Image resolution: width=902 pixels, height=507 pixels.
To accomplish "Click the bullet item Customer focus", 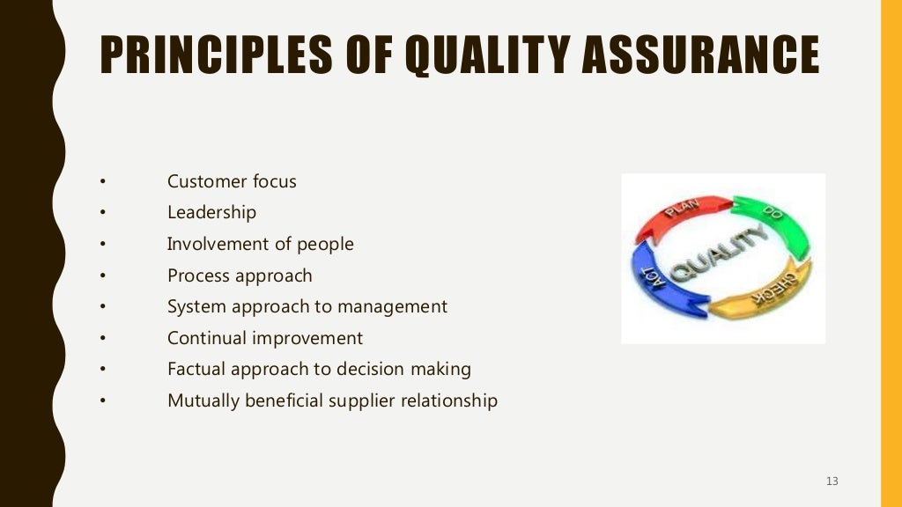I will pos(232,181).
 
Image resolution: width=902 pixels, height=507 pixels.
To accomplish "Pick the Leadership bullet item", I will pos(211,212).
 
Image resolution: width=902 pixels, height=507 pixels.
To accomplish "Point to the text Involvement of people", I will pos(260,244).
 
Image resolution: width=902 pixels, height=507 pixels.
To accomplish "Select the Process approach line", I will pos(240,276).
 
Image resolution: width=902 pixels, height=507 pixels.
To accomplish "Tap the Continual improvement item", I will pos(264,338).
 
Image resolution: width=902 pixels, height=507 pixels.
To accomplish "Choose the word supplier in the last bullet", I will pos(362,400).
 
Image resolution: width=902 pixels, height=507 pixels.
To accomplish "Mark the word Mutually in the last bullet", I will pos(202,400).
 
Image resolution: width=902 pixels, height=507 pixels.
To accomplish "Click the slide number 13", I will pos(832,481).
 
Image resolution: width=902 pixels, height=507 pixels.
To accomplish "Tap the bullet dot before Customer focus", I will pos(102,182).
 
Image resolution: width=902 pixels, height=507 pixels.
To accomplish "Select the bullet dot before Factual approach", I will pos(102,370).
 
